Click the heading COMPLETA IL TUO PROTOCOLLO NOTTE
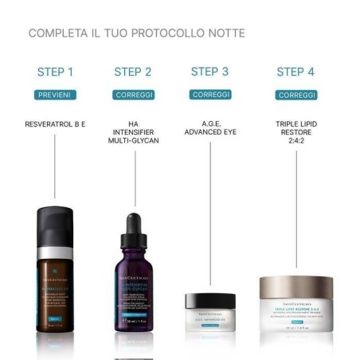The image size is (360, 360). pyautogui.click(x=136, y=33)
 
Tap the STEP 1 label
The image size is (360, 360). pyautogui.click(x=55, y=72)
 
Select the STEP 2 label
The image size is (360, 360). pyautogui.click(x=132, y=72)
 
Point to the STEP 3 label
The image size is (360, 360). pyautogui.click(x=209, y=72)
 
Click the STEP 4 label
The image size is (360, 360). pyautogui.click(x=295, y=72)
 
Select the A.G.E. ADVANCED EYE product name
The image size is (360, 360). pyautogui.click(x=209, y=127)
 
